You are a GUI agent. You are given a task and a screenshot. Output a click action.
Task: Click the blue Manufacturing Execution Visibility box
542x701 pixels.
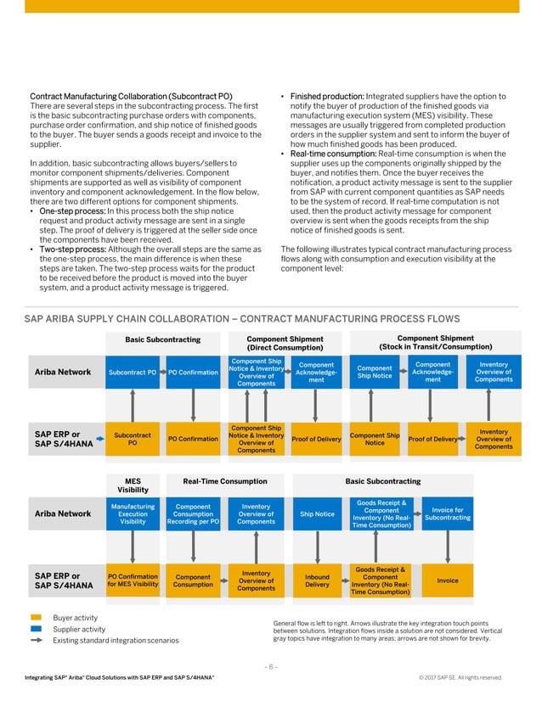(133, 514)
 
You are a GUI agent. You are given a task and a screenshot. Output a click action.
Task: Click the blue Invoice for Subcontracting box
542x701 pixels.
(447, 514)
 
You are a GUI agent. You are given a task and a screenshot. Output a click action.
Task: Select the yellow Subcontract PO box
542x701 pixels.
(133, 439)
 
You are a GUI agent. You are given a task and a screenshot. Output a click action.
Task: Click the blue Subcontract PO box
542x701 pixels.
(133, 372)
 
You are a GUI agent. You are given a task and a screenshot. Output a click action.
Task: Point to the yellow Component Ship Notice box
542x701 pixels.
(375, 439)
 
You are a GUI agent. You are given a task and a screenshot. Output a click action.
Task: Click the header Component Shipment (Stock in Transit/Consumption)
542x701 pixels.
(435, 342)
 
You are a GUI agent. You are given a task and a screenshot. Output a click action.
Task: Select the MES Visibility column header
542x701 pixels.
(133, 485)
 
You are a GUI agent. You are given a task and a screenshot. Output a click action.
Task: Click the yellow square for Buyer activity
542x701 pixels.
(36, 618)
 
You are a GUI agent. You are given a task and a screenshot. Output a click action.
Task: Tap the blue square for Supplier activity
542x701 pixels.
(36, 629)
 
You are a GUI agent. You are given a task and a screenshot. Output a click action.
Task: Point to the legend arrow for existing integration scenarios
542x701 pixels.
(36, 640)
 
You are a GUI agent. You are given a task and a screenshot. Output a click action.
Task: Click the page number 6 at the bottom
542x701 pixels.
(270, 666)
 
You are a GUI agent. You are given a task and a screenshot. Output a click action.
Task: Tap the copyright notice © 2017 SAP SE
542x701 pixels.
(461, 677)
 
